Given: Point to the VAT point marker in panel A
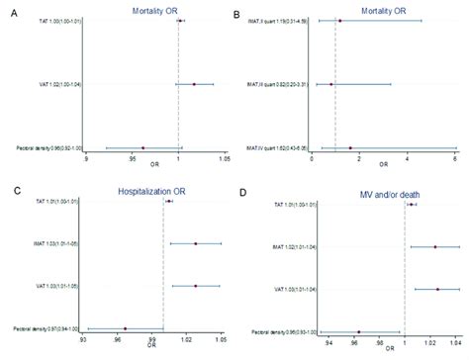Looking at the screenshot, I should click(x=194, y=84).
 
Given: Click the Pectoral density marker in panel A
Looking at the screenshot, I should click(x=142, y=147).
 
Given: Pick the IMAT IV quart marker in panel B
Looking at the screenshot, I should click(x=350, y=147).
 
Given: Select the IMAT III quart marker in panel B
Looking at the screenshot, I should click(x=331, y=84).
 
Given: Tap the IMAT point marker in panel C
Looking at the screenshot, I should click(x=195, y=243).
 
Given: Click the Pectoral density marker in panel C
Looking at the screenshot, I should click(x=125, y=328).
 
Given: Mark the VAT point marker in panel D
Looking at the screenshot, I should click(x=437, y=290).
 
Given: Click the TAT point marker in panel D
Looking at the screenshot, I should click(x=411, y=205).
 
